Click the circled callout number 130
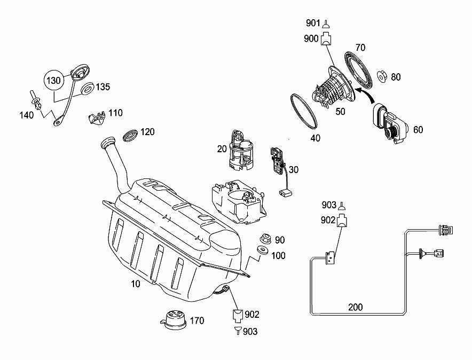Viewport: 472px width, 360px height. point(54,80)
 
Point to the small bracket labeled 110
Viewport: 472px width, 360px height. point(97,118)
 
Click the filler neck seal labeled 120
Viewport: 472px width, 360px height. point(131,135)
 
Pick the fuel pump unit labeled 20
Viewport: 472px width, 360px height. point(241,151)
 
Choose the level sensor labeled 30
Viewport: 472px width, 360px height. point(280,170)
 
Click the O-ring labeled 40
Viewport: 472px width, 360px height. point(304,111)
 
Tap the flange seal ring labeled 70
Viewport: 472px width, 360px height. point(358,69)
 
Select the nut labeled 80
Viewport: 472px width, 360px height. point(382,77)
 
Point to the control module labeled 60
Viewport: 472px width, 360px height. point(390,123)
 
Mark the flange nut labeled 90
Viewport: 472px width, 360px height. point(266,238)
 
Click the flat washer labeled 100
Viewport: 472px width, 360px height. point(263,250)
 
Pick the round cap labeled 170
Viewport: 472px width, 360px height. point(173,319)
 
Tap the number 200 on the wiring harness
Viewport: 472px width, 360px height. point(356,307)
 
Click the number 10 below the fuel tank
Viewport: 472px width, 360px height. point(136,284)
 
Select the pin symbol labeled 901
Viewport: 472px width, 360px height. point(325,24)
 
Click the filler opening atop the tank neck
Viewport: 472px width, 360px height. point(107,142)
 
